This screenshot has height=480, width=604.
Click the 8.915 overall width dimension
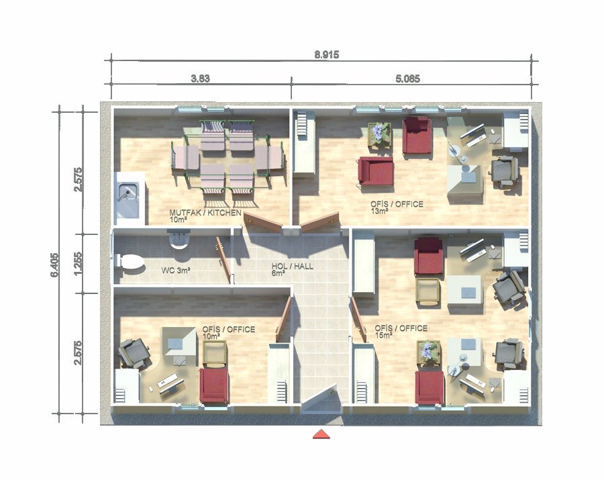click(327, 54)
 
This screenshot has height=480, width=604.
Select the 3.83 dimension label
click(200, 79)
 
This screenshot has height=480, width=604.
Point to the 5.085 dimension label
click(407, 79)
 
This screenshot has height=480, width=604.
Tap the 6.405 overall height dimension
click(54, 265)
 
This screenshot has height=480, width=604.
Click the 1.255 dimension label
click(79, 264)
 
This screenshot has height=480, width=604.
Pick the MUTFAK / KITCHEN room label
click(205, 216)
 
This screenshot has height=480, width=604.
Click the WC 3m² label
click(176, 271)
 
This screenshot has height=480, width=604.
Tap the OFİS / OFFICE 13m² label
click(397, 207)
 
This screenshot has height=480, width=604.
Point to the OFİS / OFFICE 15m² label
click(401, 331)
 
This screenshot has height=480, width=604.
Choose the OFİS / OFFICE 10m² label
click(228, 332)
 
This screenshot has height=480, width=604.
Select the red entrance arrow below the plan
click(321, 434)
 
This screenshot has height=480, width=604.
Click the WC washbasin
click(179, 239)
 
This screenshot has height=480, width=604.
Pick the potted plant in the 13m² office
click(379, 135)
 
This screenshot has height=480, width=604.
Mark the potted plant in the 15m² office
click(428, 353)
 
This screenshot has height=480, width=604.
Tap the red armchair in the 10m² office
click(214, 385)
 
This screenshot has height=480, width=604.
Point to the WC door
click(223, 259)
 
